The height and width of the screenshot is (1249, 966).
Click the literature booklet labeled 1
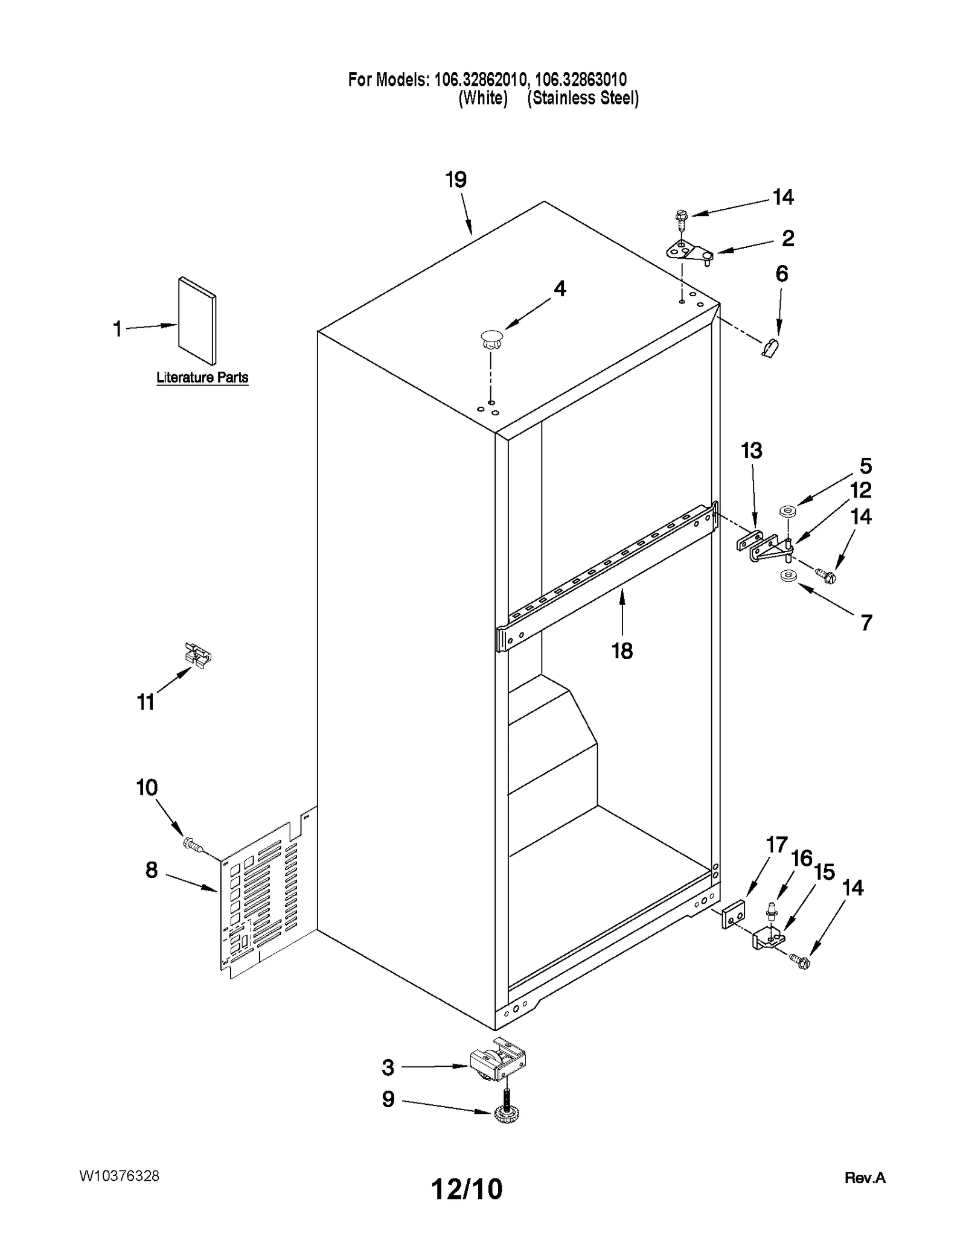[197, 321]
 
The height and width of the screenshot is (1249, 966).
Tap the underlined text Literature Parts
[202, 378]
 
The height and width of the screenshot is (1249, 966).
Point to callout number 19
[456, 180]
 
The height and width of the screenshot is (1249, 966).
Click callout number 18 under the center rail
[622, 650]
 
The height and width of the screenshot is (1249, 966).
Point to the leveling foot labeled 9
[506, 1115]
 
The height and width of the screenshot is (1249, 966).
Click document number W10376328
[119, 1176]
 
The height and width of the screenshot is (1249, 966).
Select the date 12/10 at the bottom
[466, 1189]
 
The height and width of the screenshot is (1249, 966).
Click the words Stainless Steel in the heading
[583, 98]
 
